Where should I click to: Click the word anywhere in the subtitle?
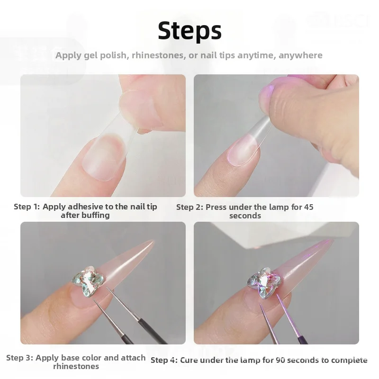pos(300,55)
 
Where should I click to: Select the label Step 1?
pos(27,207)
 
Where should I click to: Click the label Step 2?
pos(190,207)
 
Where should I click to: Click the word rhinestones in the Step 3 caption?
pos(76,366)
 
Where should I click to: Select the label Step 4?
pos(164,360)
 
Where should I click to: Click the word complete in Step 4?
pos(350,360)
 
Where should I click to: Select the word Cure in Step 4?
pos(189,360)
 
